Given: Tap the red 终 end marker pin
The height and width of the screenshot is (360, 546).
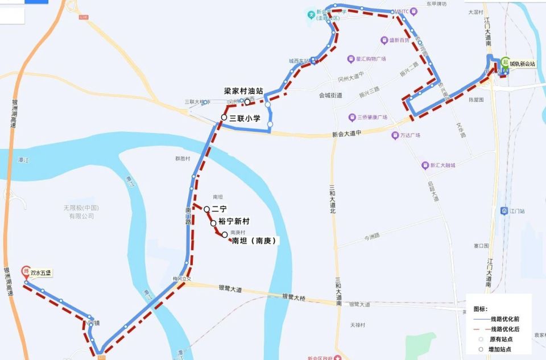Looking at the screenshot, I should coord(25,271).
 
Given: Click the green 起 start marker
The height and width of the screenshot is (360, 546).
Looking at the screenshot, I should coord(504,63).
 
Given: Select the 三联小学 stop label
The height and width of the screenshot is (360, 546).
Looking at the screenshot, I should coord(245,118).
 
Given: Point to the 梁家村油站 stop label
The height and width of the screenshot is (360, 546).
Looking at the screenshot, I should coord(243,90).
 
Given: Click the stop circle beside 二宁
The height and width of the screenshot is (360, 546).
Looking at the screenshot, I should coord(206,209).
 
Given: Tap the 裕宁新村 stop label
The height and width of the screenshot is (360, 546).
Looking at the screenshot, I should coord(234,221).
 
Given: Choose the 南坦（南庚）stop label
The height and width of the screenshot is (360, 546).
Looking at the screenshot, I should coord(254,241).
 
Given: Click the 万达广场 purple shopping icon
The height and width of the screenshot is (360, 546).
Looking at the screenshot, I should coord(395,135).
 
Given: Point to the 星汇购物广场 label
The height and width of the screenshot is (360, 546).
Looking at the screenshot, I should coord(371,59).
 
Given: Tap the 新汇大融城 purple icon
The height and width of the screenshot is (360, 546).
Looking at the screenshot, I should coord(425,165).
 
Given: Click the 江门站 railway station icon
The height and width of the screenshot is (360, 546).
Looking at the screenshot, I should coord(504,211).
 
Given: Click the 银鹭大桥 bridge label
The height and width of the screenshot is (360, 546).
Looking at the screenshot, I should coord(294,297).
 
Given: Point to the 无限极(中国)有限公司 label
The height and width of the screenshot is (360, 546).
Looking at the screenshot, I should coord(81,212).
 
